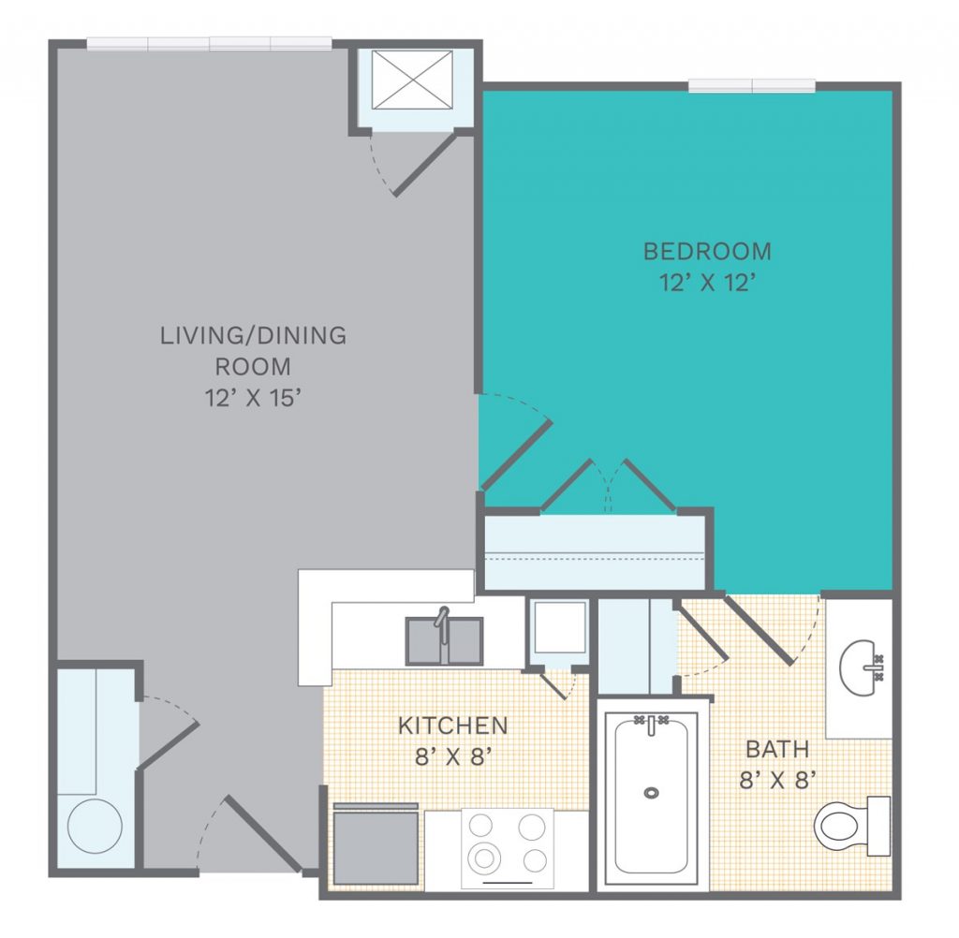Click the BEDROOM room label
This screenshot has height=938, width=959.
point(707,251)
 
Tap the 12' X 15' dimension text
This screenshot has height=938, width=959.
point(253,398)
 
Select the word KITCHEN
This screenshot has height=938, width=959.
point(453,725)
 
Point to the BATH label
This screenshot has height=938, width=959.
point(777,749)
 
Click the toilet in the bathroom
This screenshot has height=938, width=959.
point(852,826)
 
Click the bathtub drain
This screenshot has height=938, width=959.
point(651,793)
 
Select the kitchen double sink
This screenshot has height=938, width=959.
point(445,641)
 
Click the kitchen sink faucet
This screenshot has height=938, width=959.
point(442,623)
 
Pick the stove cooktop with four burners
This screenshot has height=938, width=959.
point(507,848)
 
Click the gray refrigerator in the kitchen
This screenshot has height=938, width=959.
point(376,843)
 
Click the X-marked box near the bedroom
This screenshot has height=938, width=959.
point(412,81)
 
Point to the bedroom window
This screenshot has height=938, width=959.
point(752,85)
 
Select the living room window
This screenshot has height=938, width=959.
point(209,43)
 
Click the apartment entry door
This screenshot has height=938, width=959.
point(263,833)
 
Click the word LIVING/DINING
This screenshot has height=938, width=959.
point(253,336)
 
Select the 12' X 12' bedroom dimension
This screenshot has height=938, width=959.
point(707,283)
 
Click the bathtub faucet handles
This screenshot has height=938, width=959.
point(651,722)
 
